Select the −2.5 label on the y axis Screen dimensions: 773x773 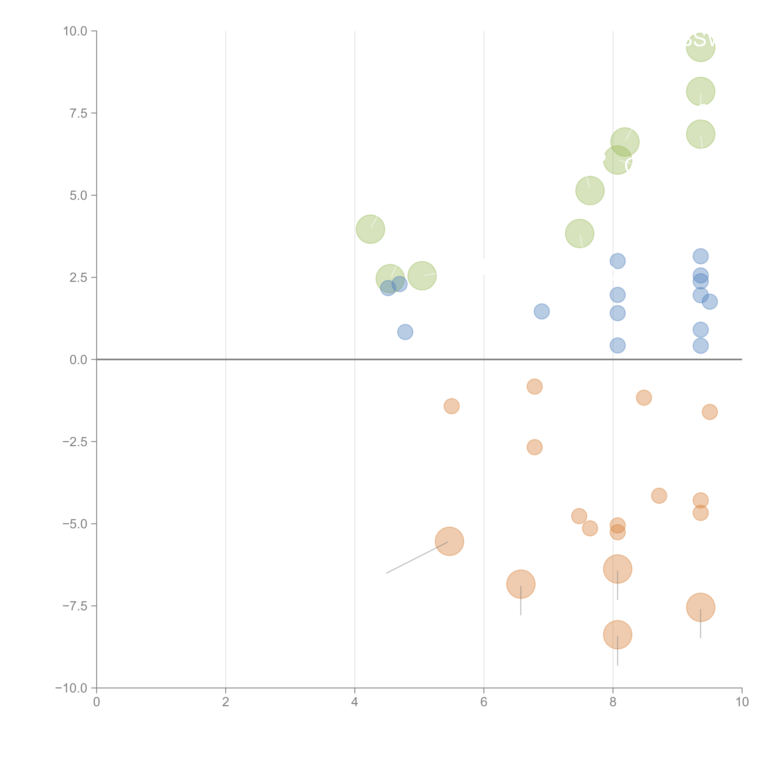[75, 442]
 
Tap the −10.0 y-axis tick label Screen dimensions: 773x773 [71, 688]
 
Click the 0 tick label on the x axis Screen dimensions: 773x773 [96, 702]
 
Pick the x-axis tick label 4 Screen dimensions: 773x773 [354, 702]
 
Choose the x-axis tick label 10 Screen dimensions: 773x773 [742, 702]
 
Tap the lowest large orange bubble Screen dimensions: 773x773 [617, 635]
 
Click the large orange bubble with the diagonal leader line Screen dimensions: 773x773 [449, 541]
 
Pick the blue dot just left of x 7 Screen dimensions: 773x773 [541, 311]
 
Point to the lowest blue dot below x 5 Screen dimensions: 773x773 [405, 332]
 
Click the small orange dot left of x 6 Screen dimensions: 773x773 [451, 406]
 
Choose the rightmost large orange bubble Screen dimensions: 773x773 [700, 607]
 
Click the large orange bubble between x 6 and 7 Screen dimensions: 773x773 [521, 584]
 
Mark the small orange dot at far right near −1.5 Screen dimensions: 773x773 [709, 412]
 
